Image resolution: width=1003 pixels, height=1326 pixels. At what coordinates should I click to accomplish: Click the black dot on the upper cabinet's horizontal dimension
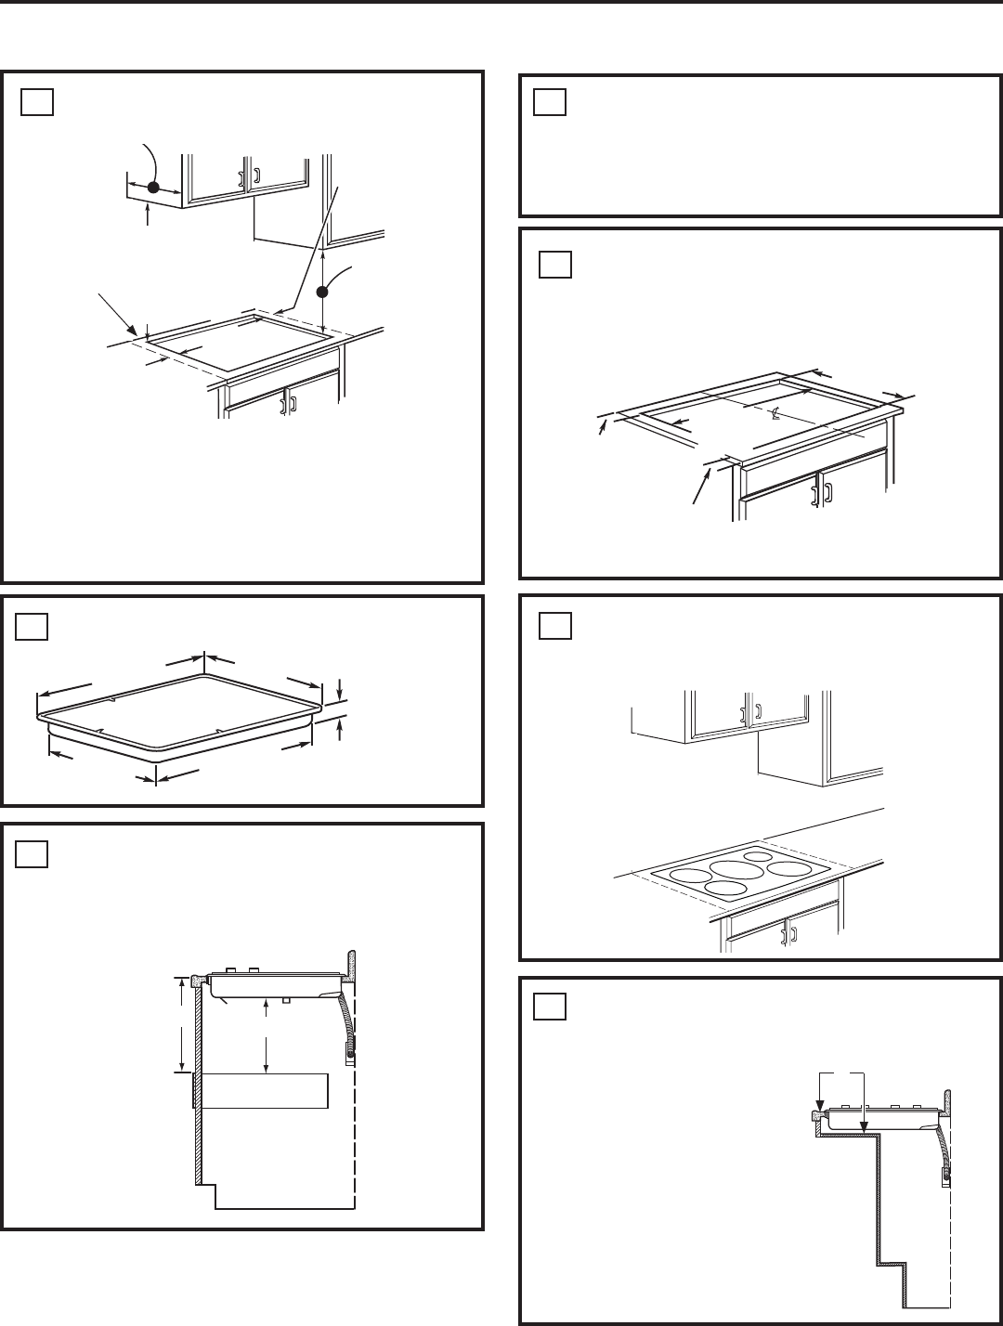point(154,187)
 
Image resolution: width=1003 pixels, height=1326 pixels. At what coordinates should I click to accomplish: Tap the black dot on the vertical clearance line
point(322,291)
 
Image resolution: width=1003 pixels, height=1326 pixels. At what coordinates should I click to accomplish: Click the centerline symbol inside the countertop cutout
point(774,415)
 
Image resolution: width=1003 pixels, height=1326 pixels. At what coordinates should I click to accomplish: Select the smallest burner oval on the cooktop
point(759,856)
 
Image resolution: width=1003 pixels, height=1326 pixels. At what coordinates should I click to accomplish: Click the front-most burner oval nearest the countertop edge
point(729,889)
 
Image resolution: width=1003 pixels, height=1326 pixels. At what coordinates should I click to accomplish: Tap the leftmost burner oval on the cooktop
point(687,874)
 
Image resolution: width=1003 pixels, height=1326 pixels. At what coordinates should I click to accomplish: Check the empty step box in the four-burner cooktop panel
point(554,628)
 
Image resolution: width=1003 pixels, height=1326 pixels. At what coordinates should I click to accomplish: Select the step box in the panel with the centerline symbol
point(554,266)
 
